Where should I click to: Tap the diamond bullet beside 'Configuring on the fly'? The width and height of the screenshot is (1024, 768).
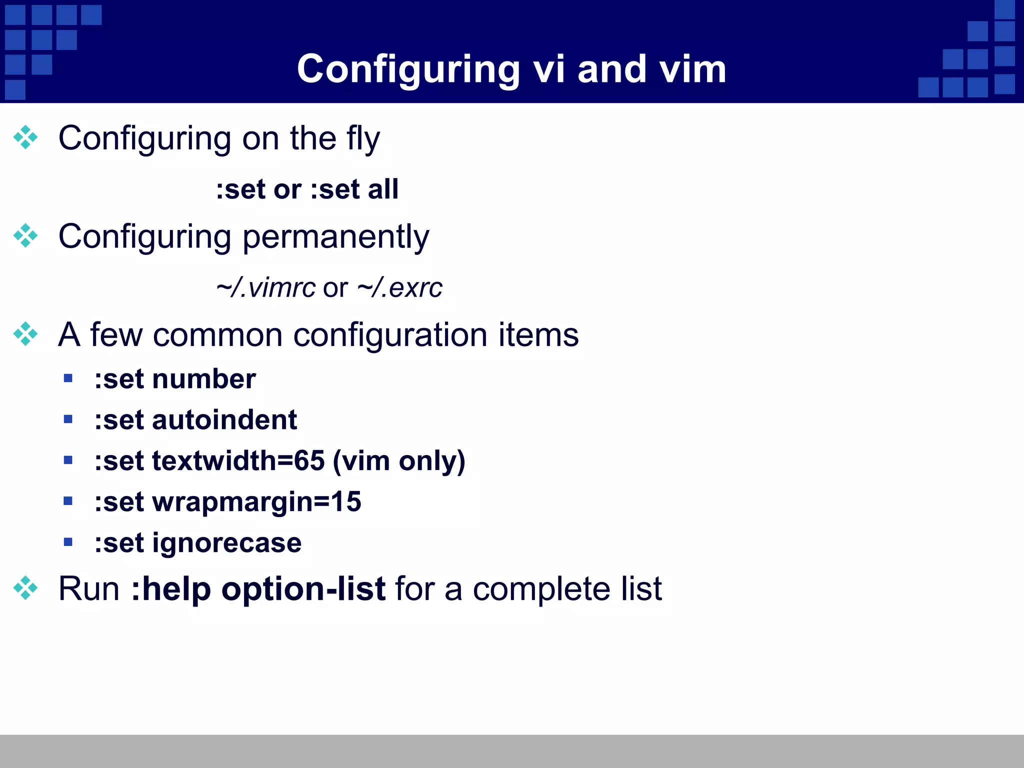[x=25, y=137]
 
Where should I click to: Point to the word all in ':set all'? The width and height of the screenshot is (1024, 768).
[x=383, y=189]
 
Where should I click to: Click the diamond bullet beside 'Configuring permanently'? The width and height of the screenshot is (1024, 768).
[x=25, y=235]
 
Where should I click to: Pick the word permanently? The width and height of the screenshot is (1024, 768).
[x=335, y=237]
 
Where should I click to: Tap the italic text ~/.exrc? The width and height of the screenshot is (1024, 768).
[x=400, y=288]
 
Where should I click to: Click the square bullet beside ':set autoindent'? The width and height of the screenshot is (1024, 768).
[x=68, y=419]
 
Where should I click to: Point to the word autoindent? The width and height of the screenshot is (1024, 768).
[x=224, y=419]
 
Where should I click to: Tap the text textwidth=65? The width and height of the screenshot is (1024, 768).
[x=238, y=460]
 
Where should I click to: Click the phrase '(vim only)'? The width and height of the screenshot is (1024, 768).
[x=399, y=461]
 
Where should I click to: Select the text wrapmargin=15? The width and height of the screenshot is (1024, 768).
[x=256, y=502]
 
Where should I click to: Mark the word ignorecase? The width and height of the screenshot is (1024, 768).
[x=227, y=543]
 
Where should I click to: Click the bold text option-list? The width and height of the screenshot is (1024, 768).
[x=303, y=589]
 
